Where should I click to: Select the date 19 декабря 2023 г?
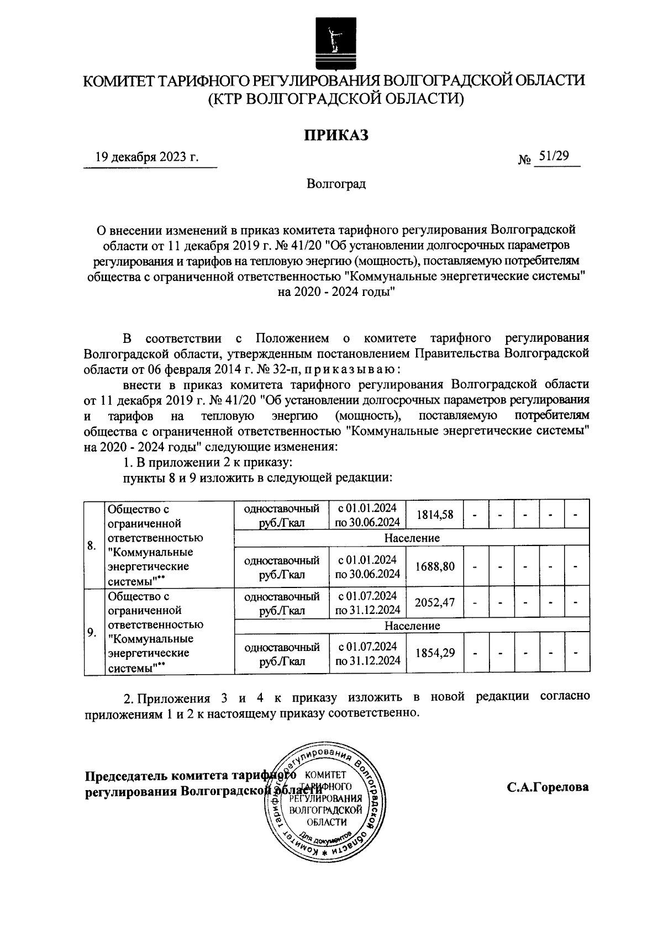tap(146, 158)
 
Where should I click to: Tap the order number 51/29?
tap(554, 157)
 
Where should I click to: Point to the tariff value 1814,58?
tap(435, 515)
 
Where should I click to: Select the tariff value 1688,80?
tap(435, 567)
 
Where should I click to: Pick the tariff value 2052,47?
tap(435, 603)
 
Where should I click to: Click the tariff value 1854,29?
tap(435, 654)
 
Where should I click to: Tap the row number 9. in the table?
tap(92, 633)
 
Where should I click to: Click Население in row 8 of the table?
tap(412, 538)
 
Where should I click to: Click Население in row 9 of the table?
tap(412, 626)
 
